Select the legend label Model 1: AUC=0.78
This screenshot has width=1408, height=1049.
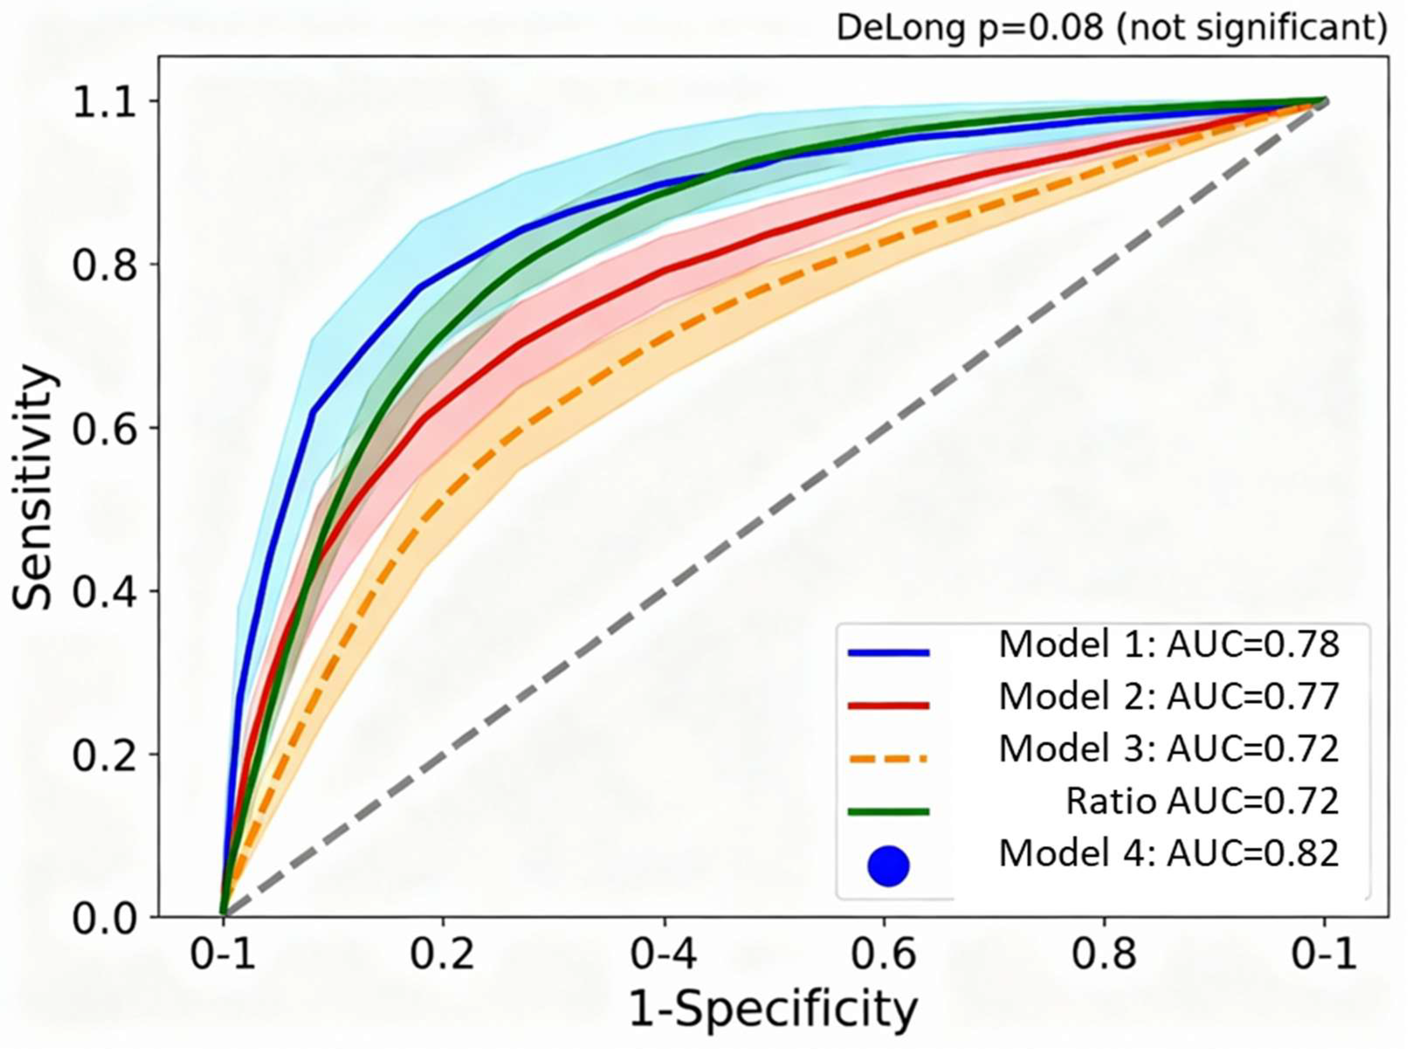point(1168,645)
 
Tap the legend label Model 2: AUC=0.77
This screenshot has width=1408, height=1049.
point(1168,697)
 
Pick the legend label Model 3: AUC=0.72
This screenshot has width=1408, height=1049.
point(1168,749)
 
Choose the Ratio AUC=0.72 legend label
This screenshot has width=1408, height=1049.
point(1202,802)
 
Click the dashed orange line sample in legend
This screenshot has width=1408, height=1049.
point(888,759)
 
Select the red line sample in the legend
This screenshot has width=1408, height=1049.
point(888,705)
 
